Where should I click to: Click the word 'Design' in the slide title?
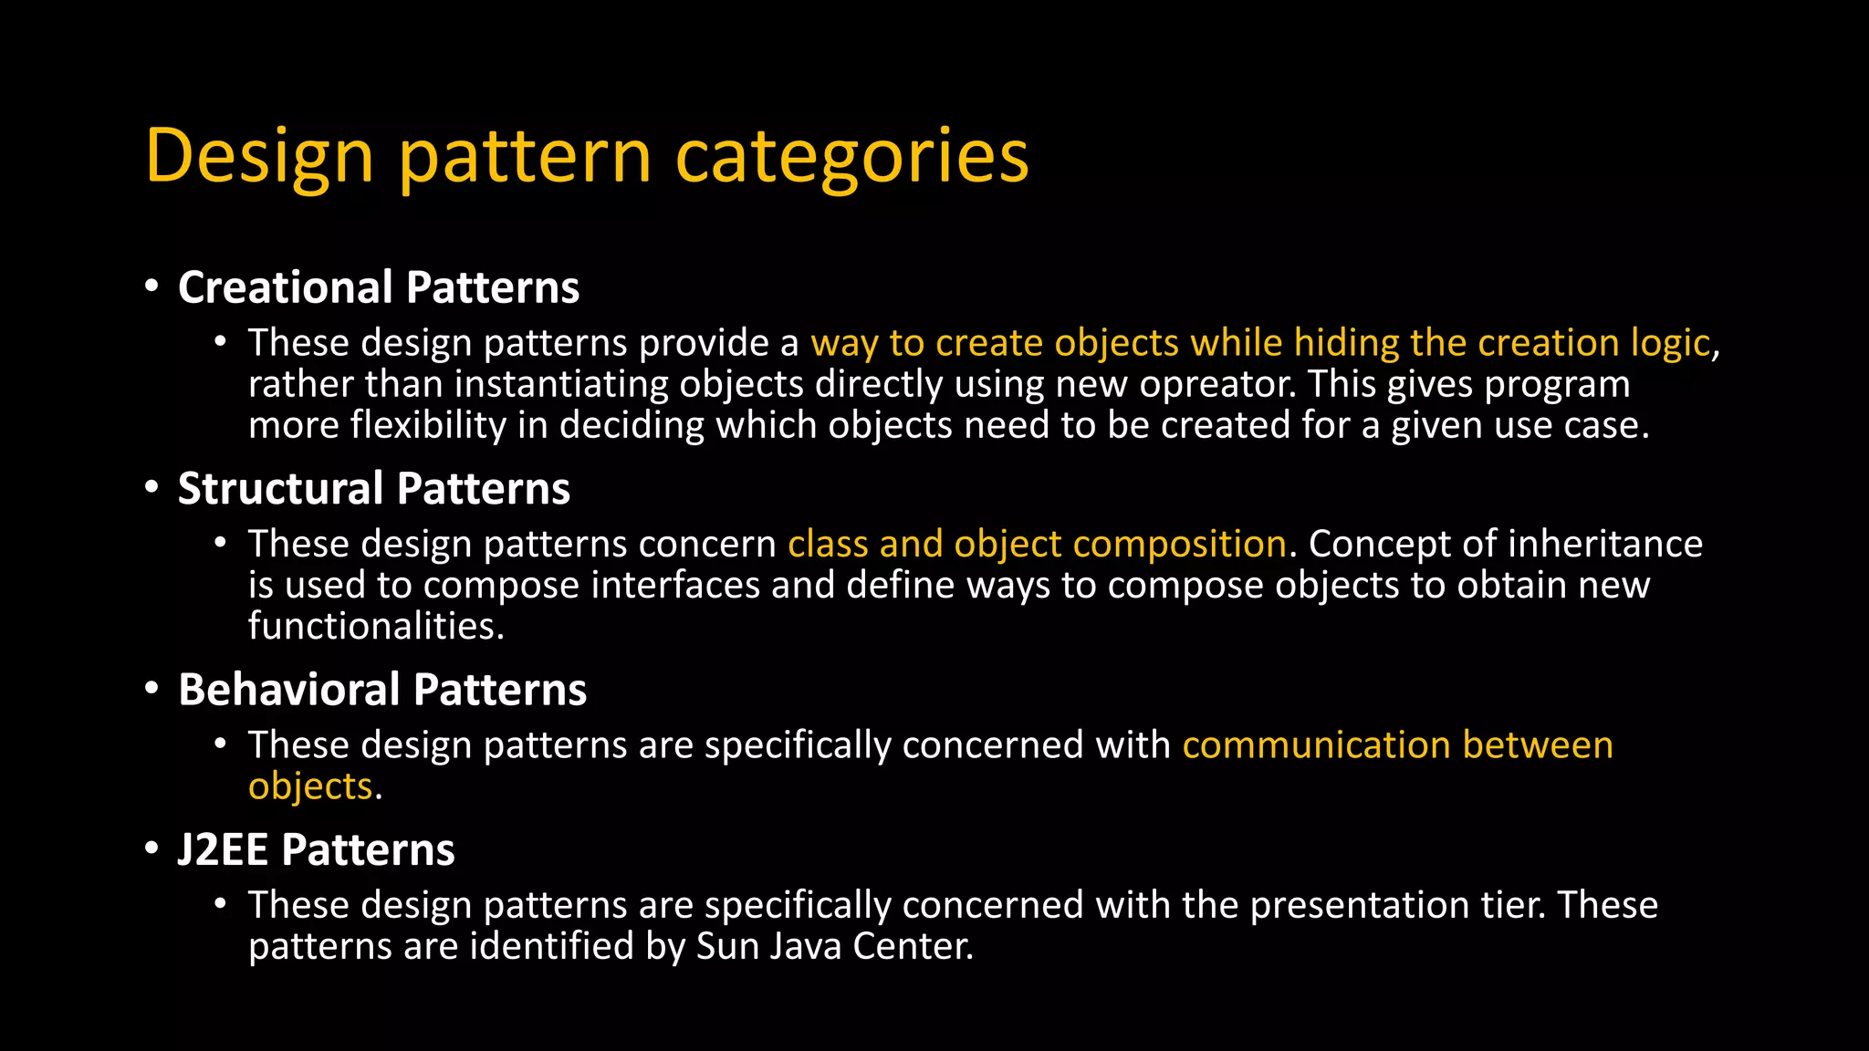(259, 157)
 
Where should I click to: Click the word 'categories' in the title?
(851, 157)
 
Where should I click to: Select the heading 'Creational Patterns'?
(379, 287)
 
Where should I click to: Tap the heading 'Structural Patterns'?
(374, 488)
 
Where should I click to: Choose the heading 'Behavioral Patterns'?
(382, 690)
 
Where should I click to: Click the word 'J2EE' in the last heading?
(223, 850)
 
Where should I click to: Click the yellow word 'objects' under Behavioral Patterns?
(310, 786)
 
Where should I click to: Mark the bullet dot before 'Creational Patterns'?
(151, 286)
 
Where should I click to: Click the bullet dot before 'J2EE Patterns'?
(151, 849)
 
